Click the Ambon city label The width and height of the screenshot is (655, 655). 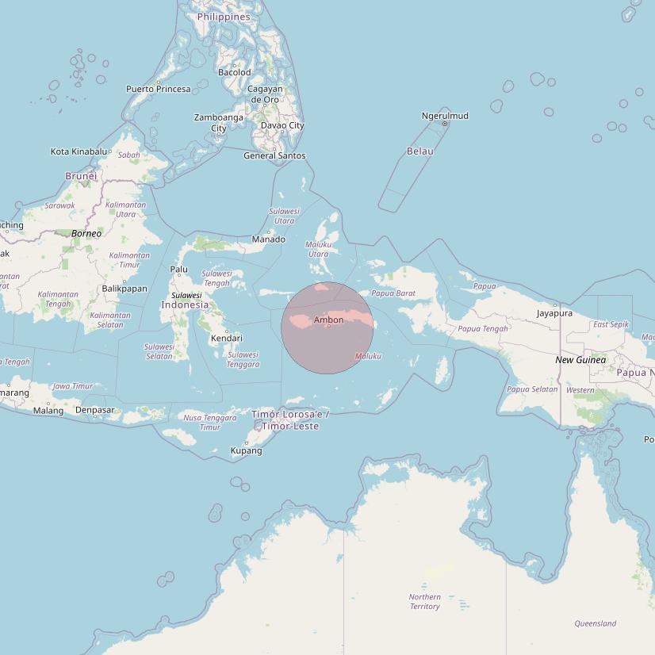[x=329, y=320]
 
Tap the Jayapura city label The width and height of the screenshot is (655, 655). [x=554, y=313]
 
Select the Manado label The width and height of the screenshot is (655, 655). [x=268, y=239]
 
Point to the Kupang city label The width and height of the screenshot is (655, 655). [x=246, y=450]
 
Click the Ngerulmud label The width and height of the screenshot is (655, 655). [x=445, y=116]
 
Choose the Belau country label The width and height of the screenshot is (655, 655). [x=419, y=151]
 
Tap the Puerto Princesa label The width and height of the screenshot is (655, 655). [x=159, y=89]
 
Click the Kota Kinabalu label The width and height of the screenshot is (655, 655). [x=79, y=151]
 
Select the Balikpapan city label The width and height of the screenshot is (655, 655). [x=124, y=289]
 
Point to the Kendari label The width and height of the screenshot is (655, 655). [x=226, y=339]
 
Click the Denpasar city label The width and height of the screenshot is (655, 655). [x=94, y=410]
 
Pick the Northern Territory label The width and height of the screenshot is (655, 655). [x=425, y=602]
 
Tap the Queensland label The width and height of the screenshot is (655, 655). [x=595, y=623]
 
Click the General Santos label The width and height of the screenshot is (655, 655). [x=274, y=155]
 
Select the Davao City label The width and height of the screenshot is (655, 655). [x=282, y=125]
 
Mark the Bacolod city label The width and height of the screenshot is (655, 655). [x=234, y=72]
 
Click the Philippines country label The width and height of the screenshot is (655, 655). [x=224, y=17]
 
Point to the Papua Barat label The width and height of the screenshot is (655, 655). [x=393, y=293]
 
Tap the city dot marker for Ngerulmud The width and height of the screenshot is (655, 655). [x=445, y=124]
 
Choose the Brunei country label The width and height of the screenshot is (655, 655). [x=81, y=176]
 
